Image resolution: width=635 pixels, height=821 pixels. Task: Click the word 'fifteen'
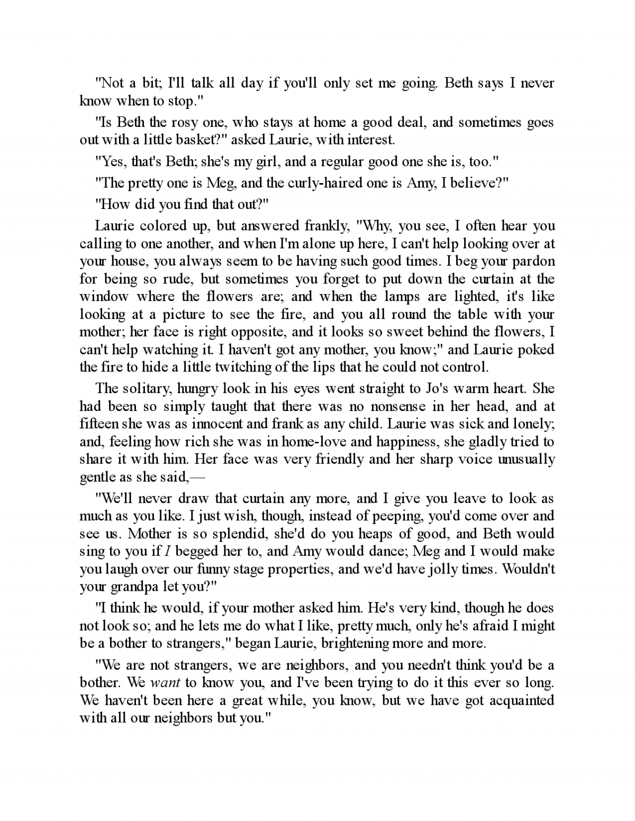coord(99,424)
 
